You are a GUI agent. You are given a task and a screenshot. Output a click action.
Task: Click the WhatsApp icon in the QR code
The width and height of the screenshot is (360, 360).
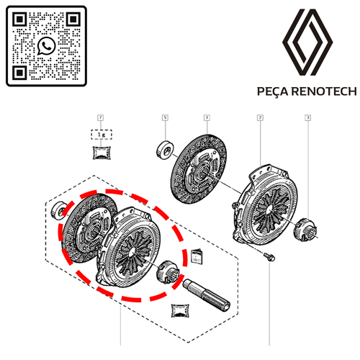[46, 46]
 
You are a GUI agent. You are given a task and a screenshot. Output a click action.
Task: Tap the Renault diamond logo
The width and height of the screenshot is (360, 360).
[307, 42]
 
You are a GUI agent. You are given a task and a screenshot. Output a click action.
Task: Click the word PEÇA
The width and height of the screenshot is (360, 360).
[273, 91]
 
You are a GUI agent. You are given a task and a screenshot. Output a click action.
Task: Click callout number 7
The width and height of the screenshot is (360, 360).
[101, 117]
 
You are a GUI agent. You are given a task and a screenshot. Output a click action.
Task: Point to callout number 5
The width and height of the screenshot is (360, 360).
[165, 117]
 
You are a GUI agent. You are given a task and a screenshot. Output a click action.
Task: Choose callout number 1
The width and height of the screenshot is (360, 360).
[207, 117]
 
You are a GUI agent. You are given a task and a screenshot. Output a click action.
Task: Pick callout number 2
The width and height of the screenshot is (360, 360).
[260, 117]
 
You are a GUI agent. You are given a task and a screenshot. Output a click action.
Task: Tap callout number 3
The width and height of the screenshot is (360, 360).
[308, 117]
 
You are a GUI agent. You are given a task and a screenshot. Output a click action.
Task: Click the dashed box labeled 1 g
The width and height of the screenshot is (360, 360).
[102, 135]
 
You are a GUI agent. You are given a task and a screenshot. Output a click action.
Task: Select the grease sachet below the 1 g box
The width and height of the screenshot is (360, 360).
[102, 153]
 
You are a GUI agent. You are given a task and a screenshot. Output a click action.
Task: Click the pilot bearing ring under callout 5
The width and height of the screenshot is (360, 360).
[165, 150]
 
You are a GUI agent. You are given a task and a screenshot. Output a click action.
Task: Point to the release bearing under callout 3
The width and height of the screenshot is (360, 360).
[305, 229]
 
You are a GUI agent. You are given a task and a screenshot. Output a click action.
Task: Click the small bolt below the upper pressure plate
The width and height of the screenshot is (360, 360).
[269, 256]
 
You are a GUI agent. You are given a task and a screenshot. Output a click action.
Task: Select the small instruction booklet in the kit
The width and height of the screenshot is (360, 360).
[197, 256]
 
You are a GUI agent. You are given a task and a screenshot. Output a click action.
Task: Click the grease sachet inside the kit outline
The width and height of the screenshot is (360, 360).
[180, 310]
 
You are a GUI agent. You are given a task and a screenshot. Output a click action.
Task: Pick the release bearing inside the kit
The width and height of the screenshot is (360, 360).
[168, 272]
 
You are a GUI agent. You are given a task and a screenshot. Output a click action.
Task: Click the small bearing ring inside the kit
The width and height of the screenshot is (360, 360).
[59, 210]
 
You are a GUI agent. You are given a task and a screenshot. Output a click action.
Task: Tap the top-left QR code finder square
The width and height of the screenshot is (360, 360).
[19, 19]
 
